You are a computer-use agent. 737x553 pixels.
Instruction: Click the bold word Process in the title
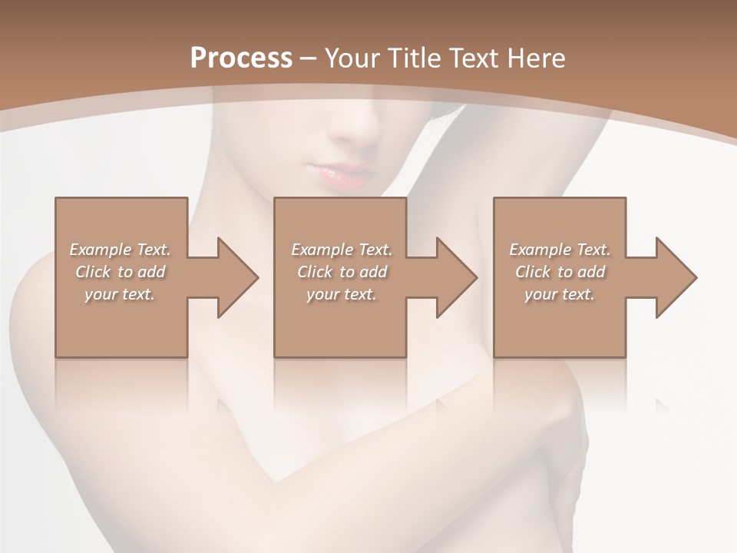[241, 58]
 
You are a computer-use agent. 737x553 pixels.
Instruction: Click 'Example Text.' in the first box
[120, 250]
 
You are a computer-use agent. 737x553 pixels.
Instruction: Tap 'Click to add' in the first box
[120, 272]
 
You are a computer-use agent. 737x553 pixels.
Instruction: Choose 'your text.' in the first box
[120, 294]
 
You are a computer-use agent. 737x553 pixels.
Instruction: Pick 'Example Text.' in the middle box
[342, 250]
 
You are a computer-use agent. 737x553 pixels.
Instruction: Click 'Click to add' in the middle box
[342, 272]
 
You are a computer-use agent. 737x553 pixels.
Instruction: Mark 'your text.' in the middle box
[342, 294]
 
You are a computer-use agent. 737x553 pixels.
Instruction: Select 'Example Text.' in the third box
[560, 250]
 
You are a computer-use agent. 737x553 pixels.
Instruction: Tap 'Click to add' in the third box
[560, 272]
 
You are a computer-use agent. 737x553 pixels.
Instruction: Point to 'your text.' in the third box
[560, 294]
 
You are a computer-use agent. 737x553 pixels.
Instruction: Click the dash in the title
[308, 59]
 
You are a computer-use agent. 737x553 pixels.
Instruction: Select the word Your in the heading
[351, 58]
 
